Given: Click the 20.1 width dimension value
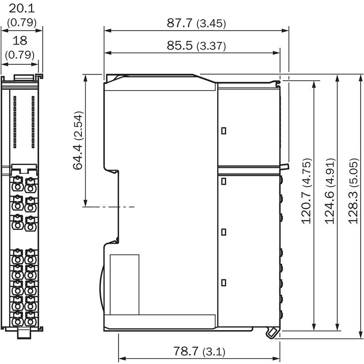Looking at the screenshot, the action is pyautogui.click(x=21, y=9).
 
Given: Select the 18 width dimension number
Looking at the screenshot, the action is pyautogui.click(x=20, y=40).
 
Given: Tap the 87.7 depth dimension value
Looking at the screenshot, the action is pyautogui.click(x=180, y=23).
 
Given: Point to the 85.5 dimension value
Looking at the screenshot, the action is pyautogui.click(x=180, y=45).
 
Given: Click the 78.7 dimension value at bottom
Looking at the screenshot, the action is pyautogui.click(x=186, y=351).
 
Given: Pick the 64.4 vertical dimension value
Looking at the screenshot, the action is pyautogui.click(x=78, y=157).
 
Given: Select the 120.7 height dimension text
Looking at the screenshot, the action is pyautogui.click(x=306, y=207).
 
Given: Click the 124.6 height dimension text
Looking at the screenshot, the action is pyautogui.click(x=329, y=207).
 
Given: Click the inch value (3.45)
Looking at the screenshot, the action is pyautogui.click(x=211, y=24).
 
